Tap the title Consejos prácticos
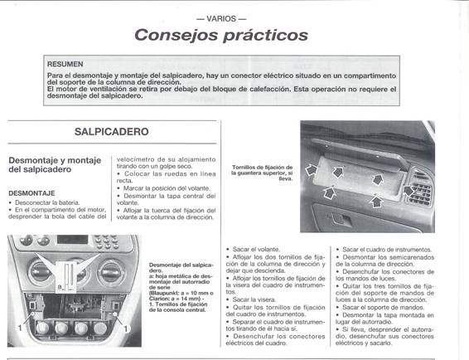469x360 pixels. (x=220, y=35)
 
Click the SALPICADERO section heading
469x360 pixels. (x=111, y=131)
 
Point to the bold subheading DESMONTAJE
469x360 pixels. (x=31, y=192)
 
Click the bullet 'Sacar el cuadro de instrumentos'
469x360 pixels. (x=382, y=249)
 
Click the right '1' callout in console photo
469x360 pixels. (x=125, y=329)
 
